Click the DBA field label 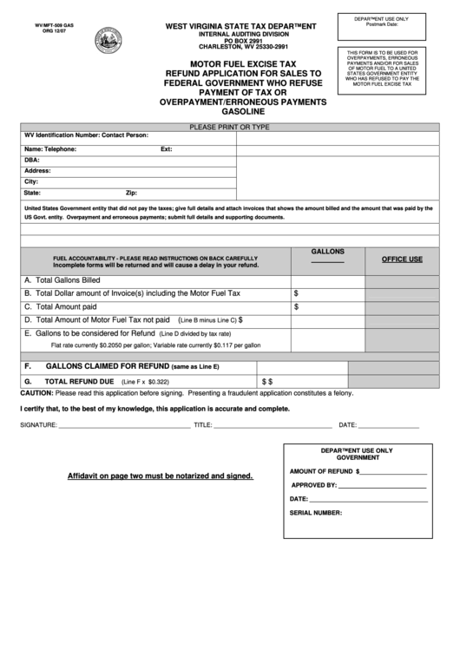(x=32, y=160)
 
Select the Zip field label (x=132, y=193)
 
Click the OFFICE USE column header (x=401, y=259)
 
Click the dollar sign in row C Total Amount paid (x=297, y=306)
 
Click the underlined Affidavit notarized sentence (x=161, y=476)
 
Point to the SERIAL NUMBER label (x=316, y=515)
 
